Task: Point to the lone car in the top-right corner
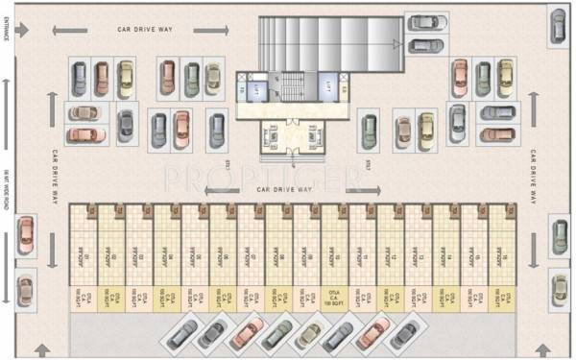(558, 25)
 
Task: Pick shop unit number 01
(84, 255)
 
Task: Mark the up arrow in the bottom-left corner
(41, 348)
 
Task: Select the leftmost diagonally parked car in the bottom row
(180, 334)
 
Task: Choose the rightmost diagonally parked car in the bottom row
(403, 334)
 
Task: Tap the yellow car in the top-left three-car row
(125, 79)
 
